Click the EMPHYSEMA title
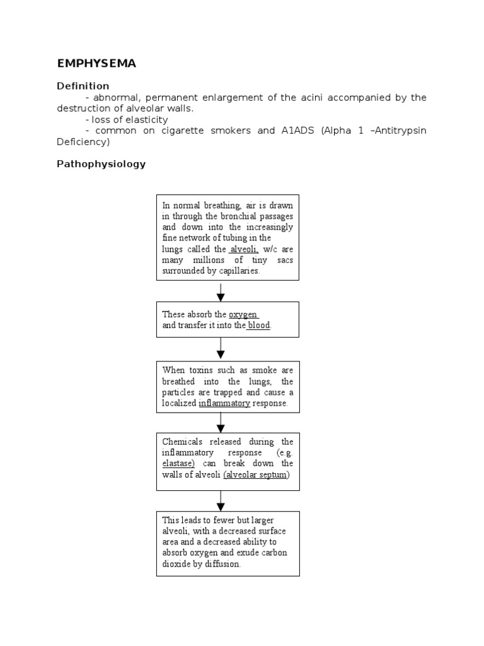pos(96,64)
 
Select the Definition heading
pos(83,86)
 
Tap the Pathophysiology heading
pos(101,164)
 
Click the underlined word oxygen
pos(243,314)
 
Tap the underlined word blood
pos(259,326)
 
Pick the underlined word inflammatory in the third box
pos(224,403)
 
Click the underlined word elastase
pos(177,464)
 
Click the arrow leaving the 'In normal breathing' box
pos(221,291)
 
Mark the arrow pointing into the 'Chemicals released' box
pos(221,422)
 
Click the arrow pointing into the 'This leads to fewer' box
pos(221,501)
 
